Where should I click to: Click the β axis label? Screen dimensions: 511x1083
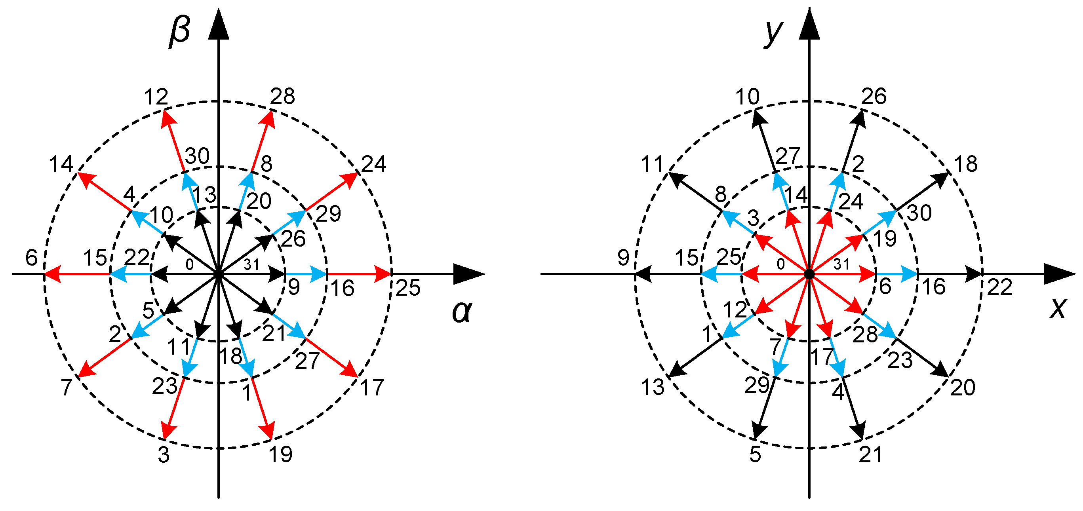[x=180, y=32]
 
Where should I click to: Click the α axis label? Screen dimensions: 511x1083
[x=462, y=312]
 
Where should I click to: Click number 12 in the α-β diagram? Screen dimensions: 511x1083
[x=156, y=97]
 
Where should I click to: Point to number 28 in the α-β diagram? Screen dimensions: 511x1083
[x=282, y=97]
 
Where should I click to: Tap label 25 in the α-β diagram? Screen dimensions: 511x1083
[x=408, y=288]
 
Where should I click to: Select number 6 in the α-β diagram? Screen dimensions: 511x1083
[x=32, y=258]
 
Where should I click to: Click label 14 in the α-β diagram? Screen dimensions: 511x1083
[x=61, y=164]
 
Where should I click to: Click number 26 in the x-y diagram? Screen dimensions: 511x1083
[x=874, y=97]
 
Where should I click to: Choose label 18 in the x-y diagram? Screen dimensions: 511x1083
[x=966, y=164]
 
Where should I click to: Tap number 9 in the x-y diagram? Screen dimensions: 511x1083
[x=623, y=258]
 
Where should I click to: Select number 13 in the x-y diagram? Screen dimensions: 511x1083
[x=653, y=387]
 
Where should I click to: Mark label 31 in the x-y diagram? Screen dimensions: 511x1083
[x=842, y=264]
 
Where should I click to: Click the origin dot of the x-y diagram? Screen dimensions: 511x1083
[x=809, y=274]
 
